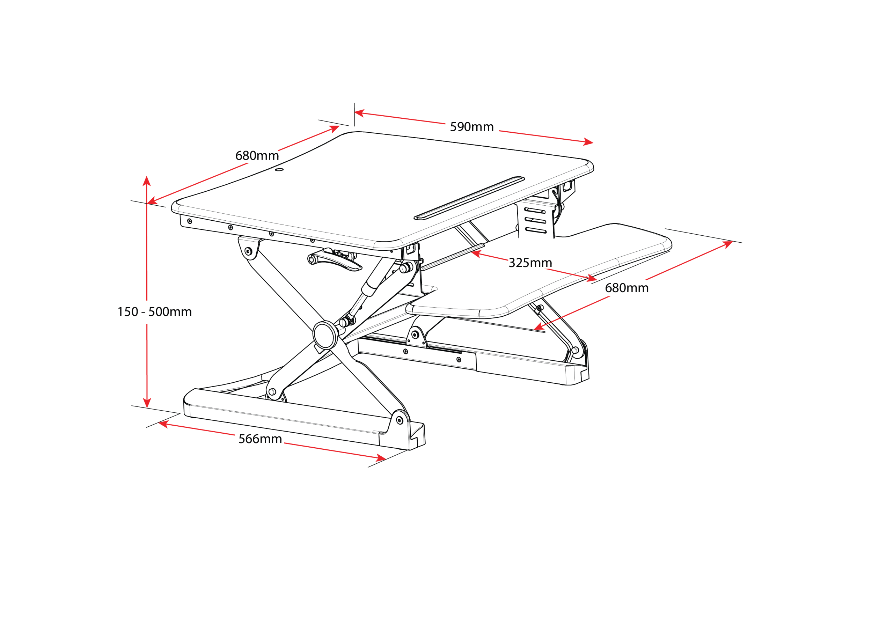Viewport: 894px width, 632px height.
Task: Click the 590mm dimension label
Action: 471,127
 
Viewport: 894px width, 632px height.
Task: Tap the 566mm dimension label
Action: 260,439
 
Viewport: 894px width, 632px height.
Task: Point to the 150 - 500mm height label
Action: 155,312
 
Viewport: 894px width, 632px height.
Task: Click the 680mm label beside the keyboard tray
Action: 626,288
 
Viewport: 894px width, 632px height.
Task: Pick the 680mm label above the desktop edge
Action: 257,156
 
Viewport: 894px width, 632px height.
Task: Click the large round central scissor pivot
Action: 325,335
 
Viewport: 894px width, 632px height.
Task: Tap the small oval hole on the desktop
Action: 279,169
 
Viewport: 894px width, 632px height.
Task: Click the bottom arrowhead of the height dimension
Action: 147,403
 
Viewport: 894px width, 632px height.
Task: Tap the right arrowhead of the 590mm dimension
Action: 588,142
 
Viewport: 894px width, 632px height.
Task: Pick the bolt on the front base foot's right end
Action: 399,420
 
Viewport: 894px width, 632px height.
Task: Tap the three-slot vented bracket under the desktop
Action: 535,220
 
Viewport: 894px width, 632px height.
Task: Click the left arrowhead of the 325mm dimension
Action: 476,254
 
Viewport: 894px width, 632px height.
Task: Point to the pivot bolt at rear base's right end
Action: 575,351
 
